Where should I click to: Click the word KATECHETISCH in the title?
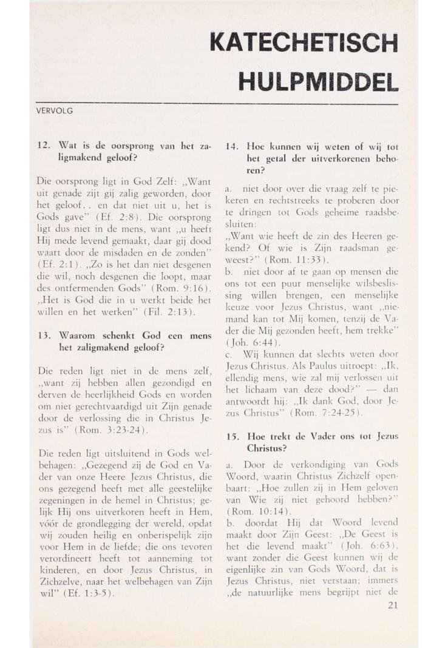coord(304,44)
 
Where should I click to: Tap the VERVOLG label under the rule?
coord(55,112)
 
